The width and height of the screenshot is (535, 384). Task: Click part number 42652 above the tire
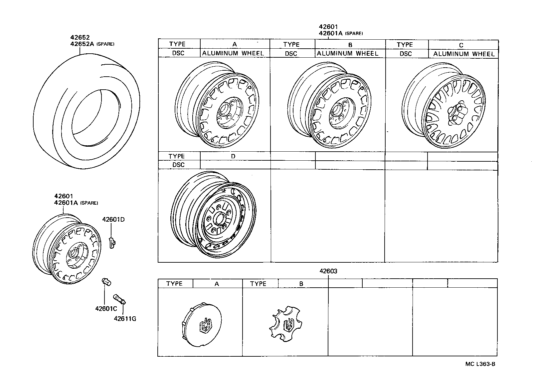click(80, 38)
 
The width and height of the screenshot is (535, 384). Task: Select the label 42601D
click(113, 220)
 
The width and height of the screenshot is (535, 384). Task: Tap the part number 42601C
click(105, 309)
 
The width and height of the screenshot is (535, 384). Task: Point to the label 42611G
click(125, 319)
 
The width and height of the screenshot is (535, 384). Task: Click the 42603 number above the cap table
click(328, 271)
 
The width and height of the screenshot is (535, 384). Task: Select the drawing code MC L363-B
click(480, 364)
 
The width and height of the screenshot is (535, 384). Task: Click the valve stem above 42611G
click(120, 298)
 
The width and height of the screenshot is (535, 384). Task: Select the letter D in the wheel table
click(233, 156)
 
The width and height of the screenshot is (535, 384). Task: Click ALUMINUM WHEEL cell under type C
click(464, 54)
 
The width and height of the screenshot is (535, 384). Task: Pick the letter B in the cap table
click(301, 284)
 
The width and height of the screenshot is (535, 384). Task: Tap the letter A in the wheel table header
click(235, 44)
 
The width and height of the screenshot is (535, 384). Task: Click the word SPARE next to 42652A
click(105, 44)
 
